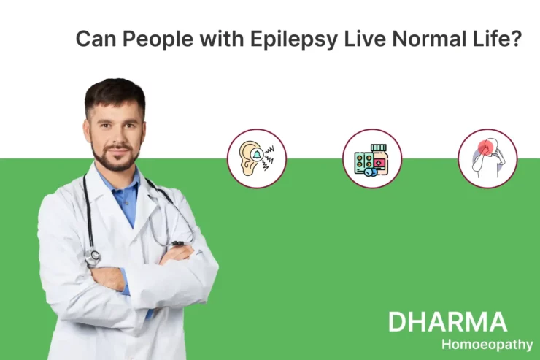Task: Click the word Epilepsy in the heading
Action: (x=294, y=39)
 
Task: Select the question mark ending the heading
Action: (x=517, y=38)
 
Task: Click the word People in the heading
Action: (x=158, y=39)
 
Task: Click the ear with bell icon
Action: (x=257, y=158)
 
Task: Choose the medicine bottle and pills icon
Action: (x=372, y=158)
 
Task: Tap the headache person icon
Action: (x=487, y=158)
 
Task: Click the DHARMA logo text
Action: (x=447, y=322)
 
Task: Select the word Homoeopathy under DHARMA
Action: (x=487, y=345)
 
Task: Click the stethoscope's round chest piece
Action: (x=93, y=256)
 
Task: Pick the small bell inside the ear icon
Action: (x=257, y=154)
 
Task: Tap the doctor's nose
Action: (x=117, y=134)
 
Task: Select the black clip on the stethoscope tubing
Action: (x=178, y=243)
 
